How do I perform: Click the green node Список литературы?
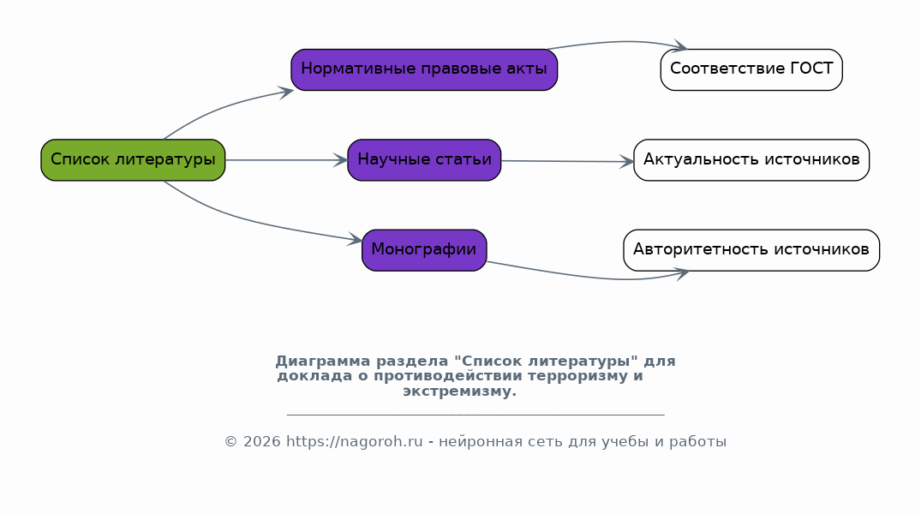(133, 160)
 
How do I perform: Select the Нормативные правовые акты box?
(424, 70)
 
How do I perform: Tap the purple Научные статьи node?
(424, 160)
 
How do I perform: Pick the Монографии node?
(424, 250)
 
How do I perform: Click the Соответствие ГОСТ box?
(751, 70)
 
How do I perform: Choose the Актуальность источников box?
(751, 160)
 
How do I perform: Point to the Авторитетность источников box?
(751, 250)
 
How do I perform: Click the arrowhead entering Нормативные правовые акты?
(286, 93)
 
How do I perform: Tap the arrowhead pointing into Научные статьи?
(341, 160)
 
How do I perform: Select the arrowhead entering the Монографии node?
(355, 238)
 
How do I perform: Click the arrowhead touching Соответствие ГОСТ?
(681, 45)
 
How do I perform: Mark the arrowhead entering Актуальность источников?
(627, 162)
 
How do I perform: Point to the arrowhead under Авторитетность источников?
(683, 274)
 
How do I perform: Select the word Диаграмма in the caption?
(323, 362)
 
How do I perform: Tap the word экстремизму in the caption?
(459, 391)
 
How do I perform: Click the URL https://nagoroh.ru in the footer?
(354, 442)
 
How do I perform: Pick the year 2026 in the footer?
(262, 442)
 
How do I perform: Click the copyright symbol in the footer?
(230, 442)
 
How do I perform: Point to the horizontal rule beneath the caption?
(475, 415)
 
